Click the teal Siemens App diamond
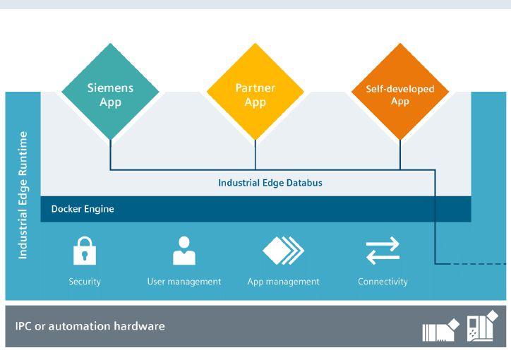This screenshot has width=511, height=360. pyautogui.click(x=110, y=92)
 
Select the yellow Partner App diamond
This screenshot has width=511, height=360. pyautogui.click(x=255, y=92)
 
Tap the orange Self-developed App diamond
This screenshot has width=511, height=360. pyautogui.click(x=400, y=92)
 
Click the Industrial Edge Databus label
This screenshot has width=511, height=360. pyautogui.click(x=270, y=183)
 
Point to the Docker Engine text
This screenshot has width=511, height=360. pyautogui.click(x=83, y=209)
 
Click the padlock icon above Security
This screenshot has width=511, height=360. pyautogui.click(x=85, y=251)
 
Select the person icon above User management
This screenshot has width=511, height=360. pyautogui.click(x=184, y=251)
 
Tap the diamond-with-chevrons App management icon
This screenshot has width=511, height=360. pyautogui.click(x=283, y=251)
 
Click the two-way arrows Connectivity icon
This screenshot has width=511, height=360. pyautogui.click(x=383, y=251)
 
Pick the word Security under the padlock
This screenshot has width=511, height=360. pyautogui.click(x=85, y=282)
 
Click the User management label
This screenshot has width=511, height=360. pyautogui.click(x=184, y=282)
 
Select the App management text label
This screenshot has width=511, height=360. pyautogui.click(x=284, y=282)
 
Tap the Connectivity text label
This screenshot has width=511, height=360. pyautogui.click(x=383, y=282)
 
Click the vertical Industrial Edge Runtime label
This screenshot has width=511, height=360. pyautogui.click(x=23, y=196)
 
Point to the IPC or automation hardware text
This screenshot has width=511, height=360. pyautogui.click(x=90, y=326)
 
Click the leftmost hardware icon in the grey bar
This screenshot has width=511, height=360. pyautogui.click(x=440, y=330)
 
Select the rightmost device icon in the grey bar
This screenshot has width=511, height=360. pyautogui.click(x=482, y=326)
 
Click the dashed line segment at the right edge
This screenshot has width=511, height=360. pyautogui.click(x=471, y=264)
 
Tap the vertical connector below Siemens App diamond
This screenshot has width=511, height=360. pyautogui.click(x=111, y=155)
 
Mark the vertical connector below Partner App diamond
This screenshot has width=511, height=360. pyautogui.click(x=255, y=155)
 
